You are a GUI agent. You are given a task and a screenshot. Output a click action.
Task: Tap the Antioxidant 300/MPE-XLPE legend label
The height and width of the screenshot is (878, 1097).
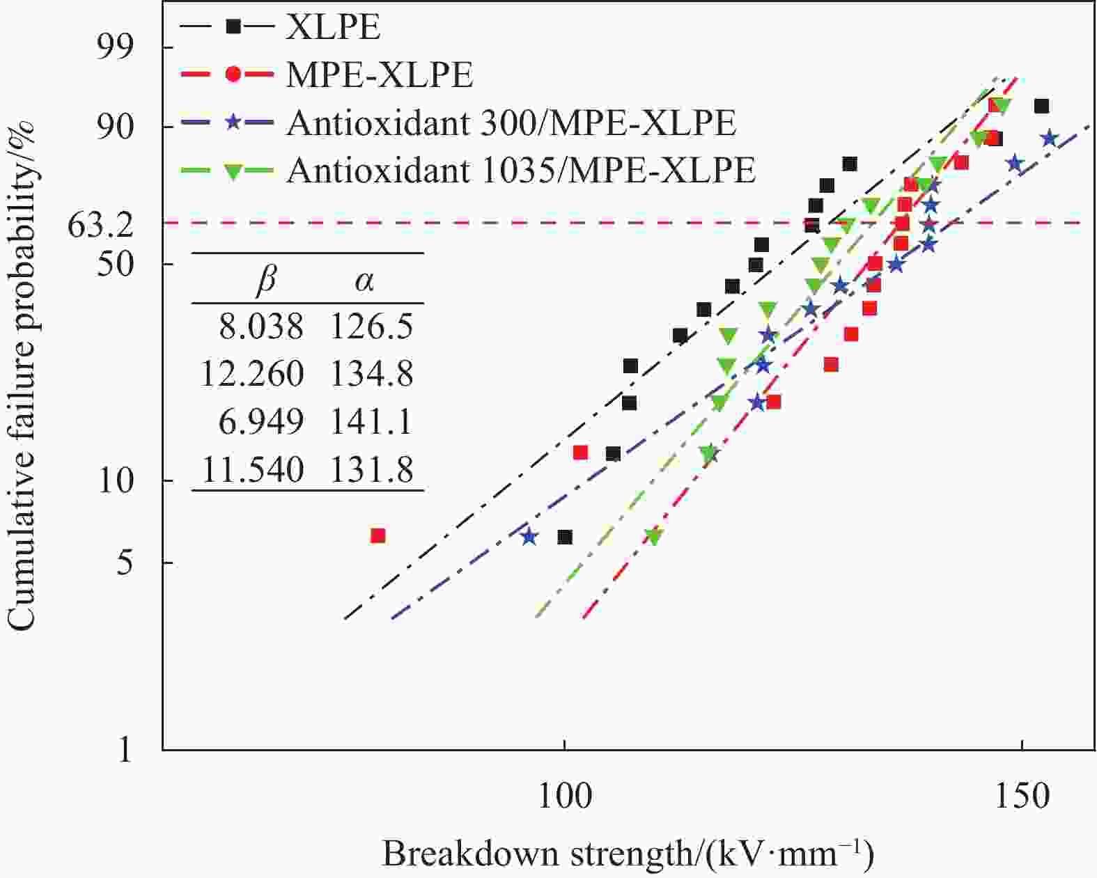pos(511,123)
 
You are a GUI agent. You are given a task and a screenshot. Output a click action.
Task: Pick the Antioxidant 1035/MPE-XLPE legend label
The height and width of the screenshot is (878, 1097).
pos(520,170)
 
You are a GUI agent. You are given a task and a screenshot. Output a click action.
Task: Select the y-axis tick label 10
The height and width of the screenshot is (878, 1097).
pos(116,480)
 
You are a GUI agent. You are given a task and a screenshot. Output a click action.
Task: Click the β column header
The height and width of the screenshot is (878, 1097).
pos(266,280)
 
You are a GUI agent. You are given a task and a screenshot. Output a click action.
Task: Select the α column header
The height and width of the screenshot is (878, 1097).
pos(364,280)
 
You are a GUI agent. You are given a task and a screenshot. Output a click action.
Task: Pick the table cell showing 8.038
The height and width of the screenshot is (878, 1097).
pos(261,327)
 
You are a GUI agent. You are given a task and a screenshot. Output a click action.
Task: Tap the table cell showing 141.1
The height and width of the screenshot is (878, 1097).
pos(371,422)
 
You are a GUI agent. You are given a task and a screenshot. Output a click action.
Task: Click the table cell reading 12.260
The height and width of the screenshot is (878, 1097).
pos(251,374)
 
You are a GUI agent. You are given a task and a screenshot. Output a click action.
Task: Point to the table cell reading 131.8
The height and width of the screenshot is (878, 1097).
pos(371,470)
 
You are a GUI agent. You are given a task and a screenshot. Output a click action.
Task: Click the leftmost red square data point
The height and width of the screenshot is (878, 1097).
pos(378,535)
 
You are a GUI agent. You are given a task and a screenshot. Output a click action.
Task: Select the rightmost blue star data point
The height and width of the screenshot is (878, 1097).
pos(1050,139)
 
